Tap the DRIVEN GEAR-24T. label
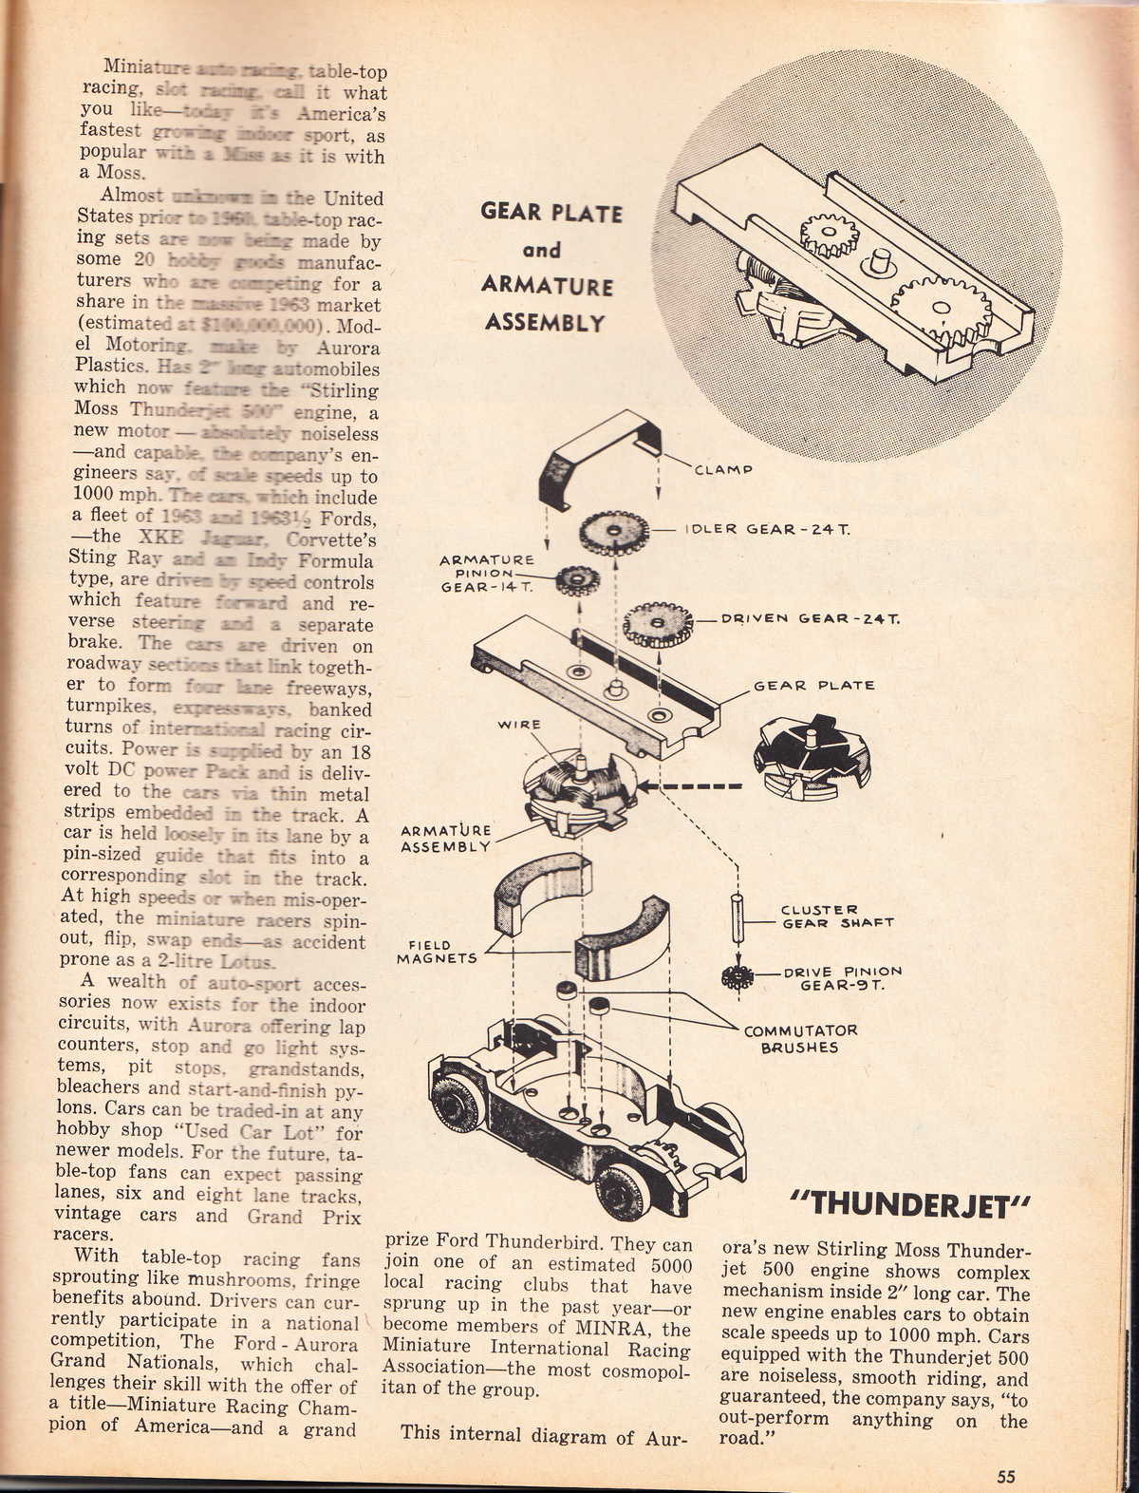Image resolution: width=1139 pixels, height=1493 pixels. pos(811,618)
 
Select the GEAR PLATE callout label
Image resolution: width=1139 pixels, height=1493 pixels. pos(813,685)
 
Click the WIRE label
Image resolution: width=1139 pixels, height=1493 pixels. pos(518,725)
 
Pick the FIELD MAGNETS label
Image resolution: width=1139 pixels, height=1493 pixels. pos(438,952)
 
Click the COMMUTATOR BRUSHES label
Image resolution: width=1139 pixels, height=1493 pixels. pos(800,1039)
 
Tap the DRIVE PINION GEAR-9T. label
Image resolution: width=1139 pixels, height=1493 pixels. pos(843,978)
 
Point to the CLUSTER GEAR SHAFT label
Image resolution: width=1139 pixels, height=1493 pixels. pos(836,916)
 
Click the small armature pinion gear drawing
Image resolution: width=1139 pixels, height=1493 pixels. pos(574,579)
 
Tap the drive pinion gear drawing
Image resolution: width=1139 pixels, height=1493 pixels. pos(737,975)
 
